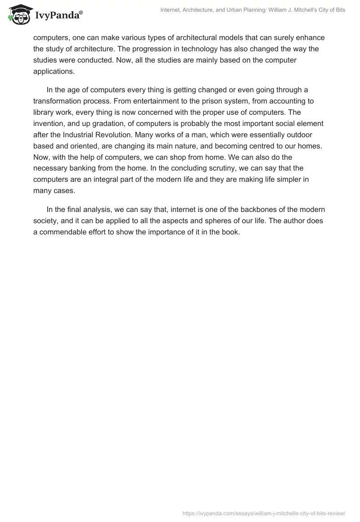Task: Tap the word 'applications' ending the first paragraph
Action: coord(53,71)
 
